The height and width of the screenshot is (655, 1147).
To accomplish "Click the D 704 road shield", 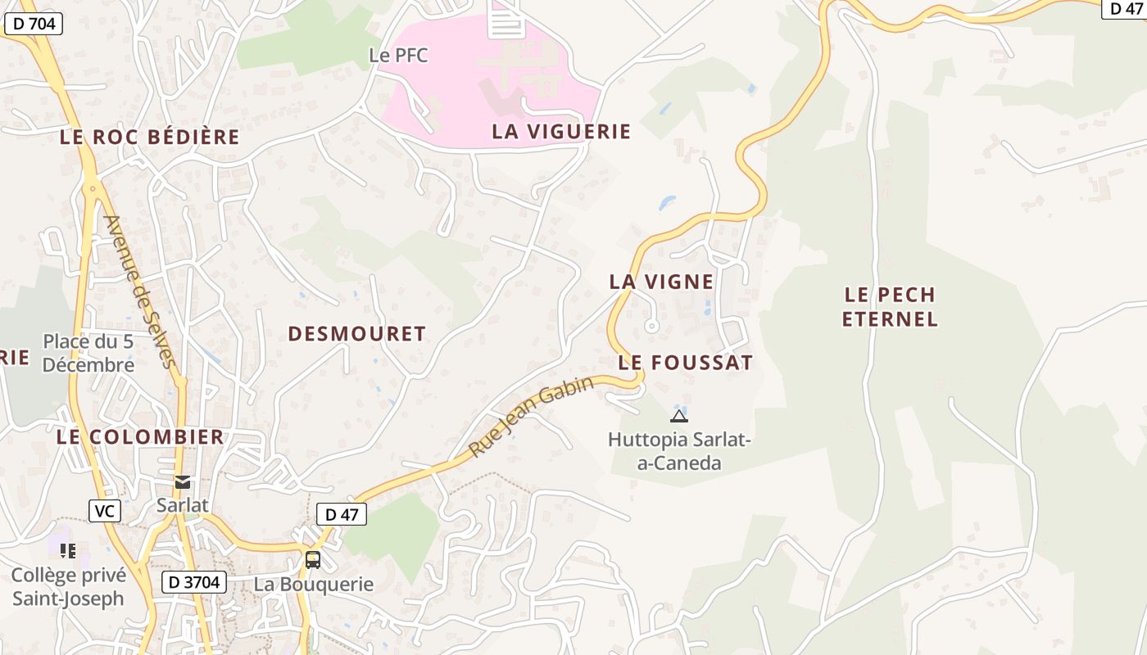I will pyautogui.click(x=34, y=24).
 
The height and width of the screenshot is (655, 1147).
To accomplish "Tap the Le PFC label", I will pyautogui.click(x=398, y=56).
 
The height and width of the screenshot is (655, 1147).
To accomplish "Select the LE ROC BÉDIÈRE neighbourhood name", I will pyautogui.click(x=149, y=137).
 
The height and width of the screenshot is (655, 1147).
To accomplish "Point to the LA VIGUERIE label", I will pyautogui.click(x=561, y=131).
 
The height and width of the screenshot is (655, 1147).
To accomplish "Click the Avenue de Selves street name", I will pyautogui.click(x=140, y=291).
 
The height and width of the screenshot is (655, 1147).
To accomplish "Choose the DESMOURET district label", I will pyautogui.click(x=356, y=333).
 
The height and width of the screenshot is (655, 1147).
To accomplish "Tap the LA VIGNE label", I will pyautogui.click(x=661, y=282).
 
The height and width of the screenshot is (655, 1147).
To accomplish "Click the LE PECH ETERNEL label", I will pyautogui.click(x=890, y=306).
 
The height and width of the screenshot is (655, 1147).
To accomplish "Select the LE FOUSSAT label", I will pyautogui.click(x=685, y=363).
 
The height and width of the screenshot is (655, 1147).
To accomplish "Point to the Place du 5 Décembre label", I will pyautogui.click(x=88, y=353).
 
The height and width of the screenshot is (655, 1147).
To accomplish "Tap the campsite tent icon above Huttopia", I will pyautogui.click(x=679, y=415).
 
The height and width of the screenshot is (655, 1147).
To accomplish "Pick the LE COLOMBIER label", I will pyautogui.click(x=140, y=436).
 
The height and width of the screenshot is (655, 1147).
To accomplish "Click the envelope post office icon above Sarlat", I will pyautogui.click(x=183, y=481).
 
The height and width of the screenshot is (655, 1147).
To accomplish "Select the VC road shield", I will pyautogui.click(x=105, y=511).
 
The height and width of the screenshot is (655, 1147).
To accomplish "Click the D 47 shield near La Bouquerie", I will pyautogui.click(x=341, y=514).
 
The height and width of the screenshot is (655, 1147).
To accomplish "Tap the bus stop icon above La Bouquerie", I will pyautogui.click(x=313, y=560).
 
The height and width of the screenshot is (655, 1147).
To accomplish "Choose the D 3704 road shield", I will pyautogui.click(x=193, y=582).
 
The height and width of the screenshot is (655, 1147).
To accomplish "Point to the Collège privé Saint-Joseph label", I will pyautogui.click(x=68, y=587).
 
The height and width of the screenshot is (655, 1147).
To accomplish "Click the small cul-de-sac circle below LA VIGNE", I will pyautogui.click(x=652, y=326).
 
